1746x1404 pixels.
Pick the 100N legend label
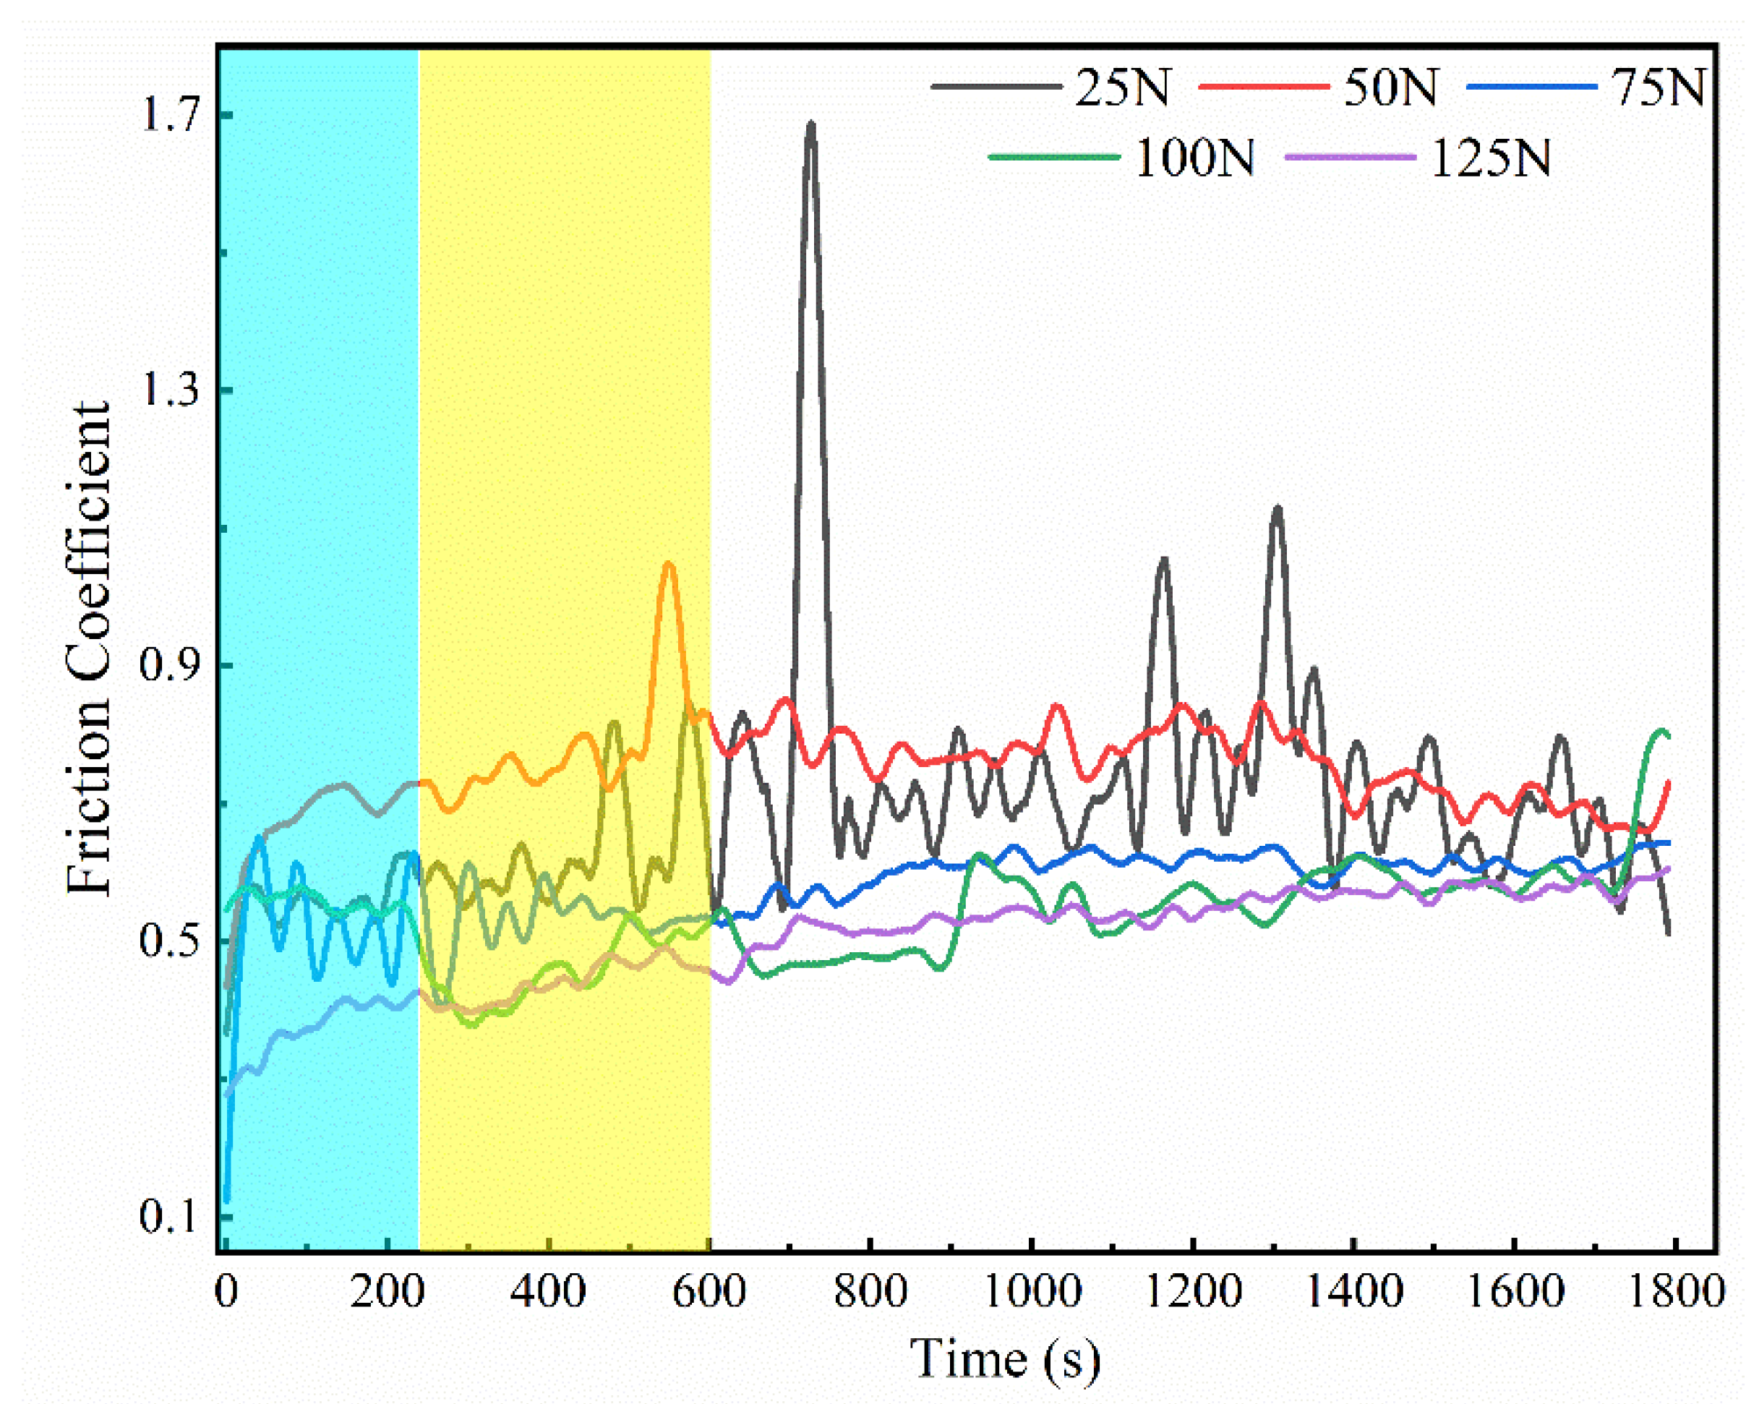point(1195,157)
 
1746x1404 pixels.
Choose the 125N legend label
point(1491,157)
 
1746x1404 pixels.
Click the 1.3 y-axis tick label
point(171,390)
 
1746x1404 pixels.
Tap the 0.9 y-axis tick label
point(171,666)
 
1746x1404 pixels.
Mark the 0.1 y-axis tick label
point(171,1216)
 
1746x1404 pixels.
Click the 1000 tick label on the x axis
point(1032,1290)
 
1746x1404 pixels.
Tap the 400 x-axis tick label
point(548,1290)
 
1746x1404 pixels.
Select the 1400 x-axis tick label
point(1353,1290)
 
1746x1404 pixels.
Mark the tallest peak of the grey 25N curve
point(810,126)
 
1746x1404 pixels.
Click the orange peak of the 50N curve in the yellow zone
point(668,565)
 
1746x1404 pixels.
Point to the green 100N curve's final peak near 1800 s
point(1662,731)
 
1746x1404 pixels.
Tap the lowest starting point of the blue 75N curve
point(228,1200)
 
